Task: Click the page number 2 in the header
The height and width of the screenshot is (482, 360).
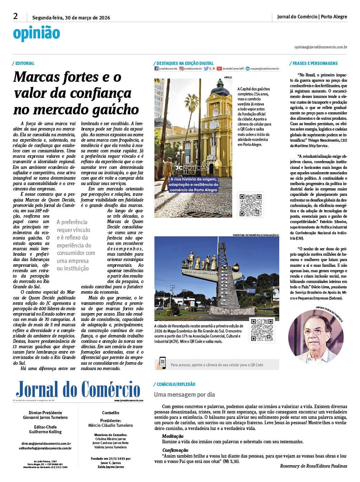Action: pos(15,16)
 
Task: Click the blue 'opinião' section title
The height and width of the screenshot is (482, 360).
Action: pos(36,33)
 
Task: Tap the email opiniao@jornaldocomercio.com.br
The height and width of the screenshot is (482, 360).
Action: pos(321,47)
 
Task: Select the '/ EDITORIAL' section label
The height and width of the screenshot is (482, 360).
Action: pos(24,63)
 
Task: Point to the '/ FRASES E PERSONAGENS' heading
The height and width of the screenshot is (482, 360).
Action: pos(313,63)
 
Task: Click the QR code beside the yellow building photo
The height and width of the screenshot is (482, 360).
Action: pos(251,205)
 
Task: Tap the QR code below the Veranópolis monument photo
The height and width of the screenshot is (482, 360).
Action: pos(262,330)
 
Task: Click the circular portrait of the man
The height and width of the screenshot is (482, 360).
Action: pos(315,337)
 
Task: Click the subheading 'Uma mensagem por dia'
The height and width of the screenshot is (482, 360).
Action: pos(184,394)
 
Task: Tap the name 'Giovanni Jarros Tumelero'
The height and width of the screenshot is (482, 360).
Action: pos(45,417)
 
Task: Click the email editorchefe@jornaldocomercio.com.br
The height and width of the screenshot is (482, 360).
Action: pos(45,448)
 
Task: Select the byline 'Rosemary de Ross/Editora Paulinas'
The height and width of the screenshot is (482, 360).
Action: pos(313,466)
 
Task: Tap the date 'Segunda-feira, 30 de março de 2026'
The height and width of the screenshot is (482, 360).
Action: pos(71,18)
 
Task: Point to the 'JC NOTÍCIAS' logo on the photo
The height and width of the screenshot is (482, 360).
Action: pos(192,168)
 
